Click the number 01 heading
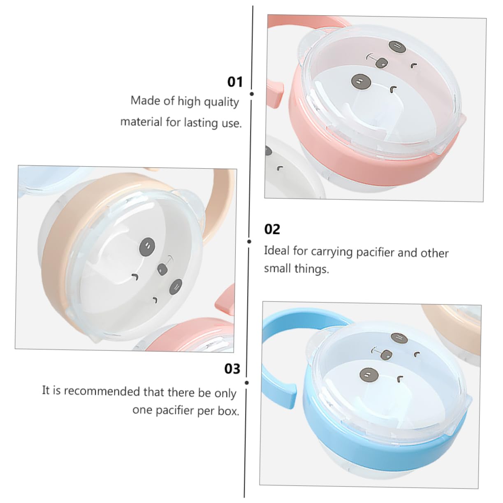[235, 81]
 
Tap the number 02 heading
[272, 229]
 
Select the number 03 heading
[232, 369]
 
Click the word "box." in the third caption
[228, 411]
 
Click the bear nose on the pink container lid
[381, 63]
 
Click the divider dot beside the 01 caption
[252, 94]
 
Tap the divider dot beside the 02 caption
[249, 241]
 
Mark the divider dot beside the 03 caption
[246, 382]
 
